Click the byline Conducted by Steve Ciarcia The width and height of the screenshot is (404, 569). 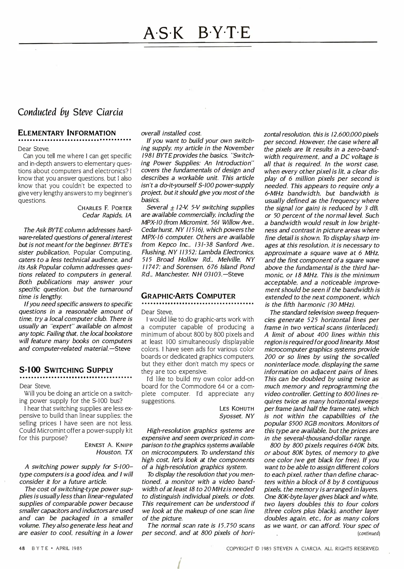pyautogui.click(x=70, y=112)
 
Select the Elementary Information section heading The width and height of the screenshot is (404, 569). pyautogui.click(x=67, y=133)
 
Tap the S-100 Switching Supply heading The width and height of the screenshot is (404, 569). pyautogui.click(x=66, y=370)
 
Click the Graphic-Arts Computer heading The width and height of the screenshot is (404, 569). pyautogui.click(x=188, y=296)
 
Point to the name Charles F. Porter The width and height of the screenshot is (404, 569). pyautogui.click(x=105, y=208)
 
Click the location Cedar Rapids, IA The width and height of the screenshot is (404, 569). pyautogui.click(x=107, y=215)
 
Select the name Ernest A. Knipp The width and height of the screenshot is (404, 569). pyautogui.click(x=108, y=445)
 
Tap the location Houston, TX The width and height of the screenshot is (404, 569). pyautogui.click(x=114, y=452)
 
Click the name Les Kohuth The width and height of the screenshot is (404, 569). pyautogui.click(x=237, y=409)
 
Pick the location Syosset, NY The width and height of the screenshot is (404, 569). pyautogui.click(x=237, y=416)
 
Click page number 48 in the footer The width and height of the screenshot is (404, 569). pyautogui.click(x=22, y=548)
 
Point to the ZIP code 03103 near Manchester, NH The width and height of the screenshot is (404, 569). pyautogui.click(x=210, y=274)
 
